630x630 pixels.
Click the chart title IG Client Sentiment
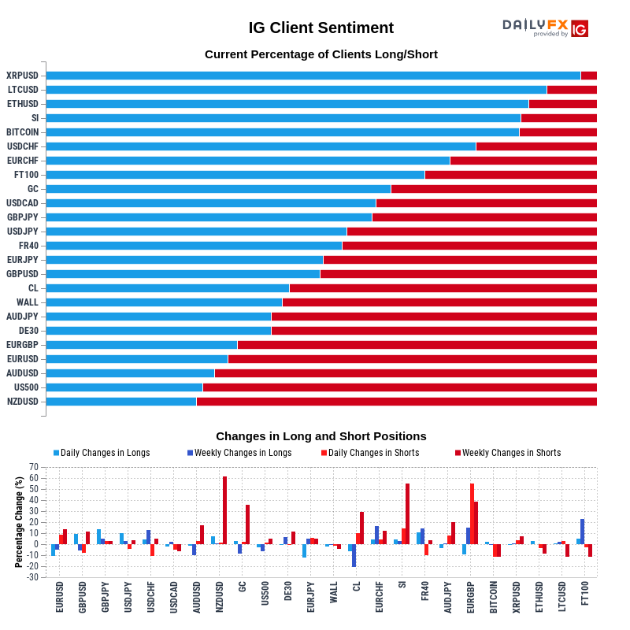[321, 28]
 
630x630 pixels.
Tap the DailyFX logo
[545, 28]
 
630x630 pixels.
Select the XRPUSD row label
[22, 76]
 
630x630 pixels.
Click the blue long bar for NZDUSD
[121, 402]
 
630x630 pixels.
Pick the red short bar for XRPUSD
[588, 76]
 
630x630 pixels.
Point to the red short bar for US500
[399, 387]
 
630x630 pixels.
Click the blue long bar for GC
[218, 189]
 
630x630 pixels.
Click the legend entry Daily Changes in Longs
[102, 453]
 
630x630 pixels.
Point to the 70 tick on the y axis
[34, 467]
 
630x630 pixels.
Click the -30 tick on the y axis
[32, 577]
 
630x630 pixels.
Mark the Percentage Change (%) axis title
[19, 522]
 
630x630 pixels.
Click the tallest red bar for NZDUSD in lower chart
[224, 510]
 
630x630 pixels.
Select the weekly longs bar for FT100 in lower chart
[583, 532]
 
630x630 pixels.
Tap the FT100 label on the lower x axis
[584, 598]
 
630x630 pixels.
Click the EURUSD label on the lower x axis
[60, 598]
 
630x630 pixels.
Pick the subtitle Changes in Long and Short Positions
[321, 436]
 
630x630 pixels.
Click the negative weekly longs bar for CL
[354, 555]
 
